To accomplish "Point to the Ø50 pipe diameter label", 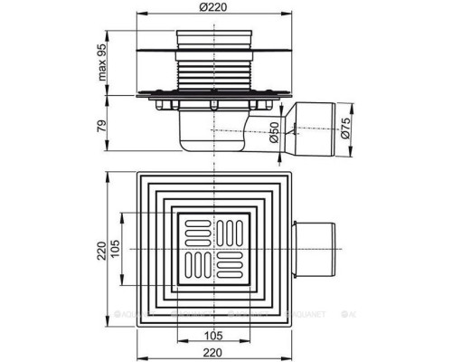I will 272,138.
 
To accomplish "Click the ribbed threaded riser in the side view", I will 214,68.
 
